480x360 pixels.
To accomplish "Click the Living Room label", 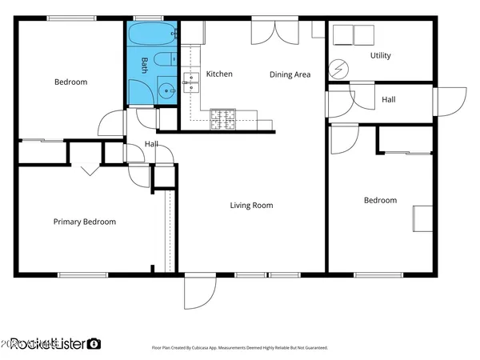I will (251, 206).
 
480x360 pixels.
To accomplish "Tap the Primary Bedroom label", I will (84, 222).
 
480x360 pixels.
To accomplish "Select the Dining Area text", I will (289, 74).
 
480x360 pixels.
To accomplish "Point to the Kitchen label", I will (219, 74).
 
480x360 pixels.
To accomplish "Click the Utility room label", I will (380, 56).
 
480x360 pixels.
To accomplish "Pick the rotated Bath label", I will (145, 63).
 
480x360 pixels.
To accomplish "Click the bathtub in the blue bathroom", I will (150, 36).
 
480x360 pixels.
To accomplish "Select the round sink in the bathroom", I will (166, 90).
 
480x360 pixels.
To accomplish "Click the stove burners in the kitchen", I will (222, 119).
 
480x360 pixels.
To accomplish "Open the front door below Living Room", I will (197, 293).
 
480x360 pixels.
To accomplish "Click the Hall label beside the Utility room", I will (388, 100).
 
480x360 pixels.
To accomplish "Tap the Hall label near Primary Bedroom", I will (150, 144).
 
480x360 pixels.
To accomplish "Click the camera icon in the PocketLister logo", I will (94, 343).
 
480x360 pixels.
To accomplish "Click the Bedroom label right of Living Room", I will (380, 200).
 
